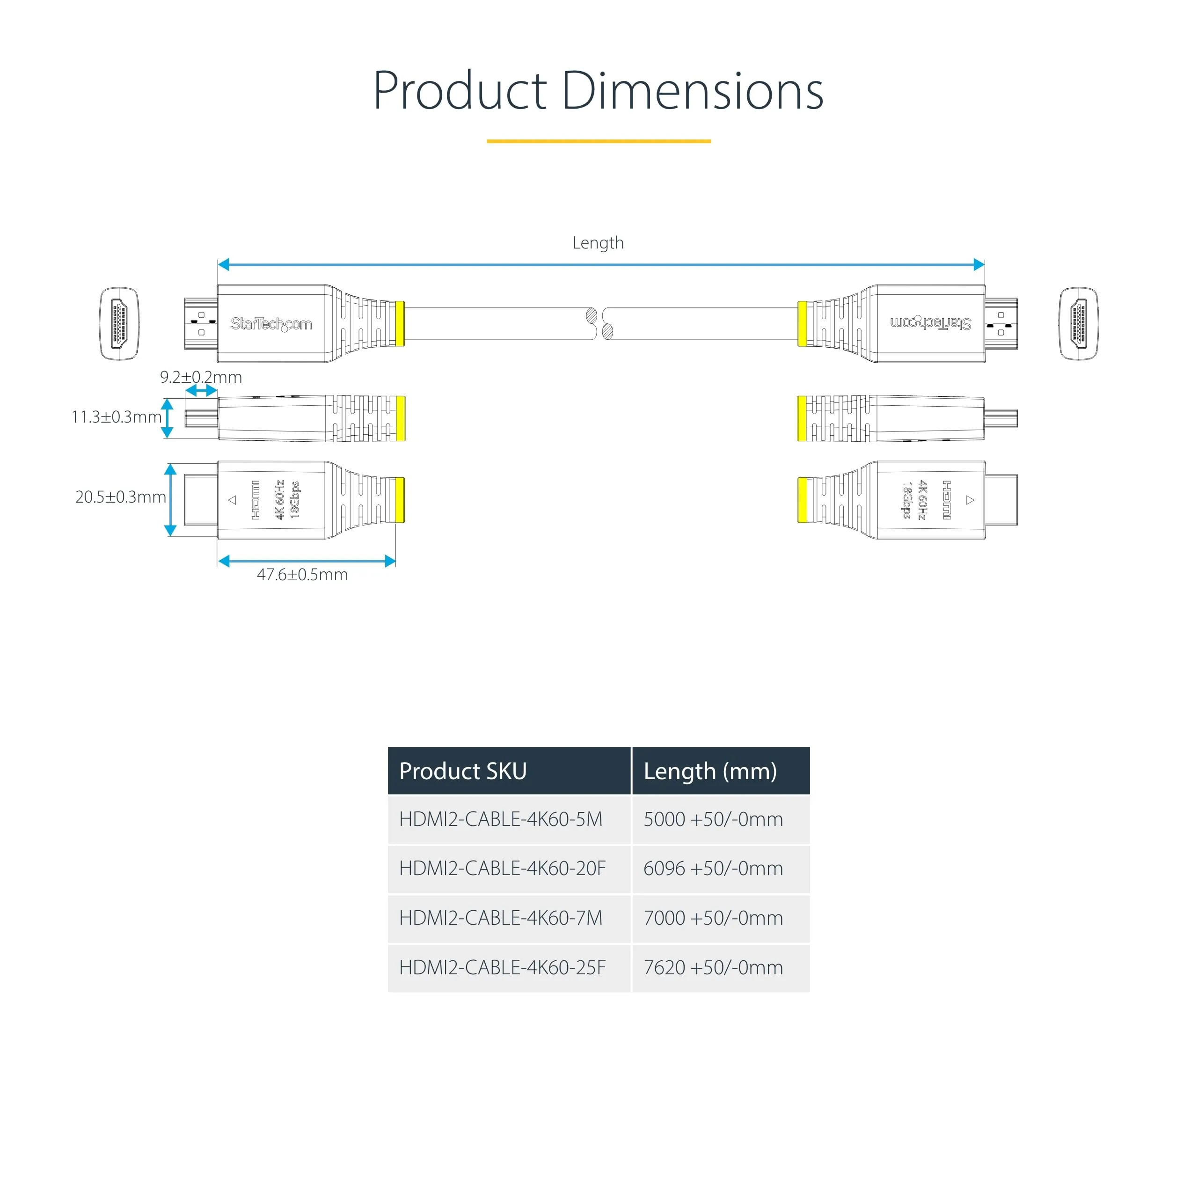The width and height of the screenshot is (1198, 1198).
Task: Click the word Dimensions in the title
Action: (692, 91)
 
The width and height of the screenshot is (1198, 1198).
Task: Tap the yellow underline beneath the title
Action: (599, 141)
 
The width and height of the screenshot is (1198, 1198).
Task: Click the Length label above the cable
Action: (598, 242)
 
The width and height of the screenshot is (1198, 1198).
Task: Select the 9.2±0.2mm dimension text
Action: (201, 377)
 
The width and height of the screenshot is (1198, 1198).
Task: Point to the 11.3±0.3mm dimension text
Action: (116, 416)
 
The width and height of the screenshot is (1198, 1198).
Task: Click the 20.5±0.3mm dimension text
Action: (120, 497)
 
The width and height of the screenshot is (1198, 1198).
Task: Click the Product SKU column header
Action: (462, 771)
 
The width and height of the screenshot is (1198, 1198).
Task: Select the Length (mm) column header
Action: (710, 771)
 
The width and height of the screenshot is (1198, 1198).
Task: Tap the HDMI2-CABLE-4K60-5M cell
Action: (500, 819)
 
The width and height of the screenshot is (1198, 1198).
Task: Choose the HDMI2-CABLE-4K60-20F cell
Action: (502, 868)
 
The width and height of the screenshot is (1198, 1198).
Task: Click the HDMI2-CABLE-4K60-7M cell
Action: (500, 918)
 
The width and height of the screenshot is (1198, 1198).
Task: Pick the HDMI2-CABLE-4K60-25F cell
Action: (502, 967)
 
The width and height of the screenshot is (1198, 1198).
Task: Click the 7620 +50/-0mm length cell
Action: (713, 967)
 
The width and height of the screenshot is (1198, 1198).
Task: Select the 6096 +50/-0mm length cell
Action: (713, 868)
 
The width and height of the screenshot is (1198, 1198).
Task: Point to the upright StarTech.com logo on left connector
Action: (271, 324)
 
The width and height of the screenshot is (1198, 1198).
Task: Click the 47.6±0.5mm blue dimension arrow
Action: (307, 561)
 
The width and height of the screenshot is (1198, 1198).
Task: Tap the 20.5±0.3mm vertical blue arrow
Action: (170, 500)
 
